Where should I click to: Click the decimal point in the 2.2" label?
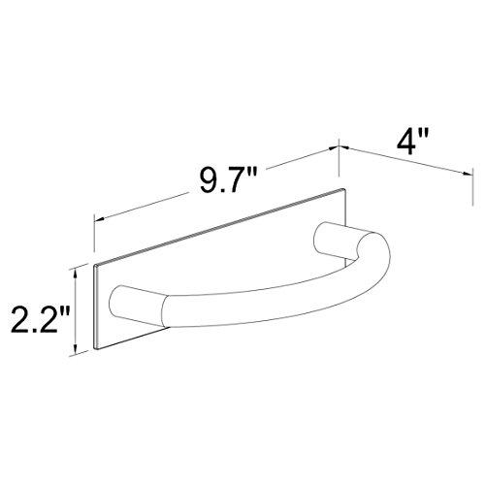(28, 327)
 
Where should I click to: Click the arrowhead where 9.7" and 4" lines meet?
(338, 146)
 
